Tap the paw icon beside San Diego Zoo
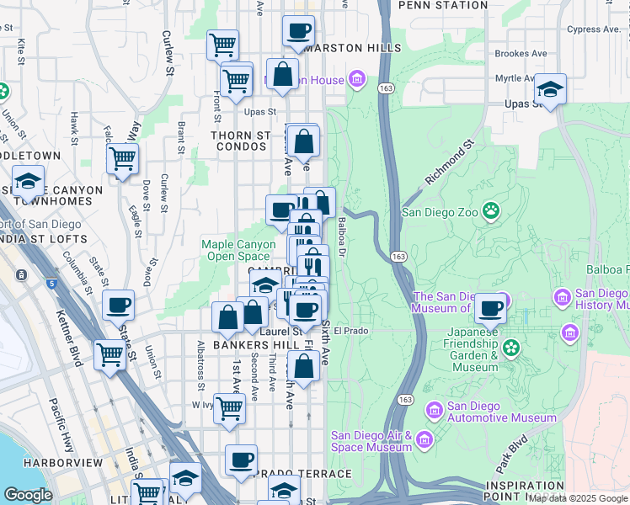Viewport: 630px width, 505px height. tap(490, 210)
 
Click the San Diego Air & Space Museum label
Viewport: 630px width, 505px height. tap(371, 441)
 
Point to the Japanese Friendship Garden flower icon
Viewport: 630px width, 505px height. tap(510, 347)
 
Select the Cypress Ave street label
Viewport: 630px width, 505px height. tap(592, 29)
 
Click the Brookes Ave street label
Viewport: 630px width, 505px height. tap(521, 53)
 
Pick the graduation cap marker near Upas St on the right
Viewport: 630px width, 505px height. tap(550, 89)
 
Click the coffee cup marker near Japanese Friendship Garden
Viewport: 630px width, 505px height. tap(490, 307)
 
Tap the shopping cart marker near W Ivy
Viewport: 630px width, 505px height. tap(229, 408)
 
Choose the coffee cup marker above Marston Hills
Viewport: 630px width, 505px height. tap(298, 31)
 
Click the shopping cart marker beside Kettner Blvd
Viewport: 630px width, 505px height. tap(109, 354)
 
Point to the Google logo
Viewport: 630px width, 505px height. tap(28, 495)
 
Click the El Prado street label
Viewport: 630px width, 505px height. tap(351, 331)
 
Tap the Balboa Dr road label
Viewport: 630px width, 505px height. tap(342, 238)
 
